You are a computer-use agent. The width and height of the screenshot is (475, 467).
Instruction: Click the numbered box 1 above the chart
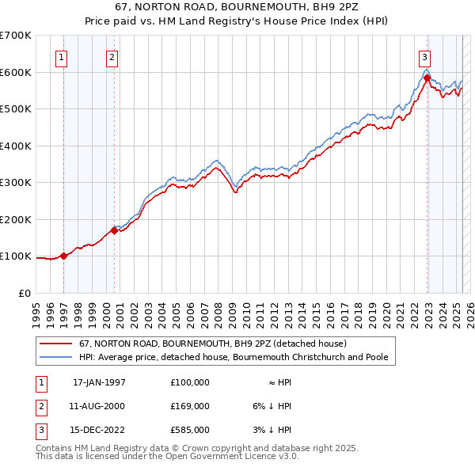[x=62, y=56]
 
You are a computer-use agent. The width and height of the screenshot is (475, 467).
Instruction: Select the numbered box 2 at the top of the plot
[x=112, y=56]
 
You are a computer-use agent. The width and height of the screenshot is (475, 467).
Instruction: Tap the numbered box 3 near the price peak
[x=425, y=56]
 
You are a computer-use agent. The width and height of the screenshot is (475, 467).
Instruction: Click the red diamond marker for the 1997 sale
[x=64, y=256]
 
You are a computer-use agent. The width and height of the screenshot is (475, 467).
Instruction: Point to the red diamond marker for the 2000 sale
[x=114, y=230]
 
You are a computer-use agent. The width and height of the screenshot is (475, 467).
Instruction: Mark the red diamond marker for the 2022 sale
[x=427, y=78]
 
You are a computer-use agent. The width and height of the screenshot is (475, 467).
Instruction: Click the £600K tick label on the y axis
[x=16, y=72]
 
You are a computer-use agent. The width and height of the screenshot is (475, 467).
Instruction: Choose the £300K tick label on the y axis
[x=16, y=182]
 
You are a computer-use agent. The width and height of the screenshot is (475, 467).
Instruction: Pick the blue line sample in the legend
[x=55, y=358]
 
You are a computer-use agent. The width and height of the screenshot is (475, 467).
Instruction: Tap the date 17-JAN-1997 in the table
[x=99, y=382]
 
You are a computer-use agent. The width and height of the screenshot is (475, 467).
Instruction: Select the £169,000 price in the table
[x=190, y=406]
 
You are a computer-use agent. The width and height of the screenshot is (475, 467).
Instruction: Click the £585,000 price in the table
[x=190, y=430]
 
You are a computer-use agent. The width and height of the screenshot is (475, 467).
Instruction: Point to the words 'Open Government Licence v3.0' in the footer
[x=229, y=456]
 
